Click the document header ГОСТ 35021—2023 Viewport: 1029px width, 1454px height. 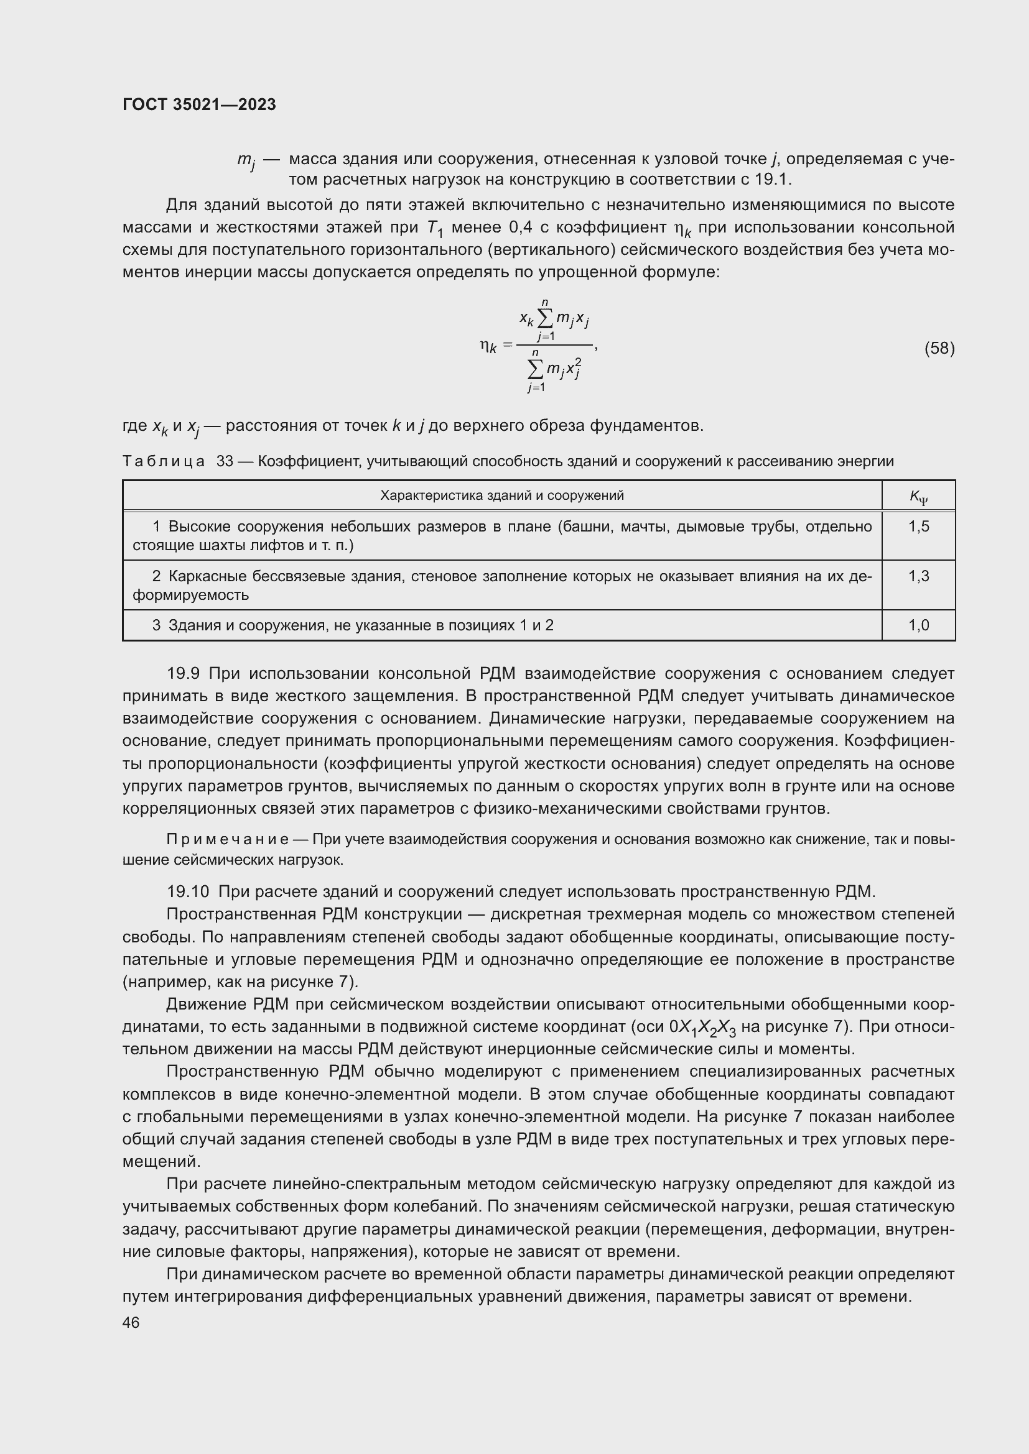pos(199,104)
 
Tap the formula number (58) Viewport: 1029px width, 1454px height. pos(939,348)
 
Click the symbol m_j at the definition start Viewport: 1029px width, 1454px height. pos(246,160)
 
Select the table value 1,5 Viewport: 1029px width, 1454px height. pos(918,527)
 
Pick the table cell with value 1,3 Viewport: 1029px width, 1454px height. pos(918,576)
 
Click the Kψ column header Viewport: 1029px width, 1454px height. pos(918,497)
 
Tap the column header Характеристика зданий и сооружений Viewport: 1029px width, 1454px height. pos(502,495)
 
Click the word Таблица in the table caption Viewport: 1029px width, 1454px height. pos(164,462)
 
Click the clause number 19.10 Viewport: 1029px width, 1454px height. pos(187,891)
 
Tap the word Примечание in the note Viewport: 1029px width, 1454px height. pos(228,840)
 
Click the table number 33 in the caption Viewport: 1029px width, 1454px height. pos(225,462)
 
